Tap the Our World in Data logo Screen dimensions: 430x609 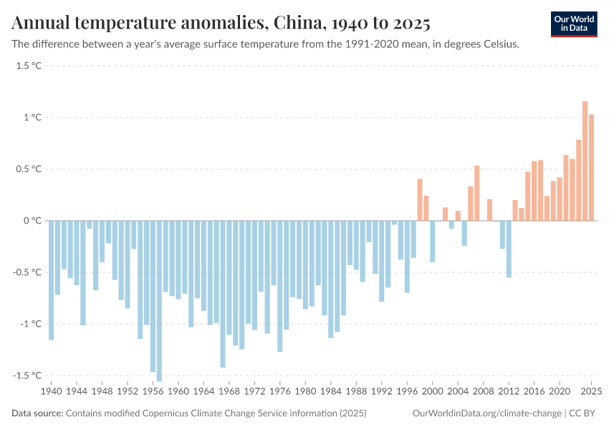coord(573,24)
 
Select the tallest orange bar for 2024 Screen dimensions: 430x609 coord(585,161)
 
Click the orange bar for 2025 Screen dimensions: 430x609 coord(592,168)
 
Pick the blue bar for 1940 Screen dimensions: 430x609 coord(51,280)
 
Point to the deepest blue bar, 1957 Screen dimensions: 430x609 coord(159,301)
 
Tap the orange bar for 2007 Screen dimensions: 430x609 coord(477,193)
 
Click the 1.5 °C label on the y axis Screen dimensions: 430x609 coord(29,66)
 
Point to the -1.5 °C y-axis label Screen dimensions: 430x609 coord(27,376)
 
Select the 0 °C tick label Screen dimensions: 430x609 coord(32,221)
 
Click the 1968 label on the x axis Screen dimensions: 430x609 coord(229,392)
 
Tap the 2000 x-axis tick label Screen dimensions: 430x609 coord(433,392)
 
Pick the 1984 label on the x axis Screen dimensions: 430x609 coord(331,392)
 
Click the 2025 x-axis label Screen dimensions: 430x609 coord(591,392)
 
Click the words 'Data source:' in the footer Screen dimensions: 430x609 coord(37,414)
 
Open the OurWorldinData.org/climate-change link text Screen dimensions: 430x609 coord(487,414)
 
